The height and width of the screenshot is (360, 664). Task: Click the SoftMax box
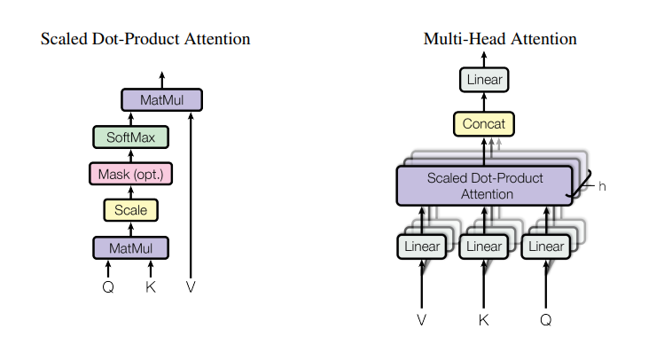click(x=131, y=137)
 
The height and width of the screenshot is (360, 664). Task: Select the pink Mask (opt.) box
click(x=131, y=174)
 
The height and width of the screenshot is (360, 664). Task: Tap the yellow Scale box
click(x=131, y=210)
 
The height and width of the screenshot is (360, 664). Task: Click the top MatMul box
click(x=161, y=100)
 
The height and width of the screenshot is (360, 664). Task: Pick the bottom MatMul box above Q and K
click(x=131, y=247)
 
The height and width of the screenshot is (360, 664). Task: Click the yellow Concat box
click(x=484, y=123)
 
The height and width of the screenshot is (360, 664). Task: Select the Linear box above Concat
click(x=484, y=80)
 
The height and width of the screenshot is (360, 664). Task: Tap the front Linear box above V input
click(x=422, y=247)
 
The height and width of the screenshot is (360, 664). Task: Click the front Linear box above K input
click(x=484, y=247)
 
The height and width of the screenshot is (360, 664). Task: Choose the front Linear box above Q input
click(x=546, y=247)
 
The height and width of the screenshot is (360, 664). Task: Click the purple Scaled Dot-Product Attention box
click(x=484, y=186)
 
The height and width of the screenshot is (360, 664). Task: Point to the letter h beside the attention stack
click(x=602, y=186)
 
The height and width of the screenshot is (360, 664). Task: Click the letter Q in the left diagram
click(x=108, y=287)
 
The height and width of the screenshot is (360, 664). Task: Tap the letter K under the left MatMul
click(x=151, y=286)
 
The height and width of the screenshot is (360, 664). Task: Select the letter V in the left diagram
click(x=191, y=286)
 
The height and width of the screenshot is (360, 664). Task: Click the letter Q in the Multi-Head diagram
click(x=546, y=320)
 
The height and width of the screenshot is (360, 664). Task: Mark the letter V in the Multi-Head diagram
click(x=421, y=320)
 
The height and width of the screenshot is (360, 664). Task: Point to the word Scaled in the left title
click(x=64, y=38)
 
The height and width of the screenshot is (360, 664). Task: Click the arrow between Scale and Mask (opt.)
click(x=131, y=192)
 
